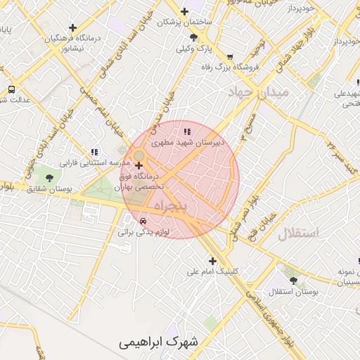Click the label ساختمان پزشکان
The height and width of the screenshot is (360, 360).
point(184,22)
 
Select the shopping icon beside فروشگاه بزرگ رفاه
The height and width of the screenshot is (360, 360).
point(229,56)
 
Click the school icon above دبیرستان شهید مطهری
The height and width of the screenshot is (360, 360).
point(186,131)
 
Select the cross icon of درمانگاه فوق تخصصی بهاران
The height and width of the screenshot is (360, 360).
point(148,165)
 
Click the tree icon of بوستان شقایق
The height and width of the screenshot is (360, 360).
point(49,177)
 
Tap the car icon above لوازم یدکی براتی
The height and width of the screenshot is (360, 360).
point(143,220)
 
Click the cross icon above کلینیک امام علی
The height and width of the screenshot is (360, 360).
point(212,261)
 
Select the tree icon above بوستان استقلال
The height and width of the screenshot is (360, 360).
point(293,280)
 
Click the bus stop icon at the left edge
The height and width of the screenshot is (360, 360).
point(11,89)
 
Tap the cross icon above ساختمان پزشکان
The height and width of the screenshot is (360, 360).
point(184,11)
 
